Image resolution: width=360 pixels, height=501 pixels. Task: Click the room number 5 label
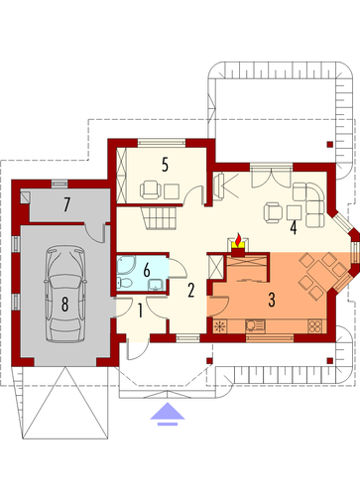pos(165,165)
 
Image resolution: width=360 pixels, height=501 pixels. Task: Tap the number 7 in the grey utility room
pos(66,204)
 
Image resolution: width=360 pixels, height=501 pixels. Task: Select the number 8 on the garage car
pos(64,305)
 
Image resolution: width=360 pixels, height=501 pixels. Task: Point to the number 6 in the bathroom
pos(147,271)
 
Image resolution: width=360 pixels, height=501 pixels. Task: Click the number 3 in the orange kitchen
pos(272,300)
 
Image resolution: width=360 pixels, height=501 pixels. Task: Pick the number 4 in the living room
pos(293,228)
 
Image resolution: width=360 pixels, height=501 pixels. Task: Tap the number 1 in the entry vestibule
pos(140,312)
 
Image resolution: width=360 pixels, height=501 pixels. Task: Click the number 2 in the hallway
pos(190,291)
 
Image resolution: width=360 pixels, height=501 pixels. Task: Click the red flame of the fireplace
pos(238,238)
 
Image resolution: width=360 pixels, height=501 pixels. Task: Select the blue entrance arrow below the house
pos(168,414)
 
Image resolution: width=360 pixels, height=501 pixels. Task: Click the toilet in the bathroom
pos(125,283)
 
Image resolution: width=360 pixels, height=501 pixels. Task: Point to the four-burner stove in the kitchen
pos(314,326)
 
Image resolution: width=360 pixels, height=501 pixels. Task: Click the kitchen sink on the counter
pos(255,326)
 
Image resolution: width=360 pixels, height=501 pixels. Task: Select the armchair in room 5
pos(151,189)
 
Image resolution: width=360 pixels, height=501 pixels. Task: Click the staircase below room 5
pos(160,217)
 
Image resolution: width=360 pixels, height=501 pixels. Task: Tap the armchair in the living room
pos(274,212)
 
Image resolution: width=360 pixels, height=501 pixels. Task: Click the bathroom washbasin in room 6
pos(156,285)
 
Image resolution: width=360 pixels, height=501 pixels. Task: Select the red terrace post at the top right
pos(329,144)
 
